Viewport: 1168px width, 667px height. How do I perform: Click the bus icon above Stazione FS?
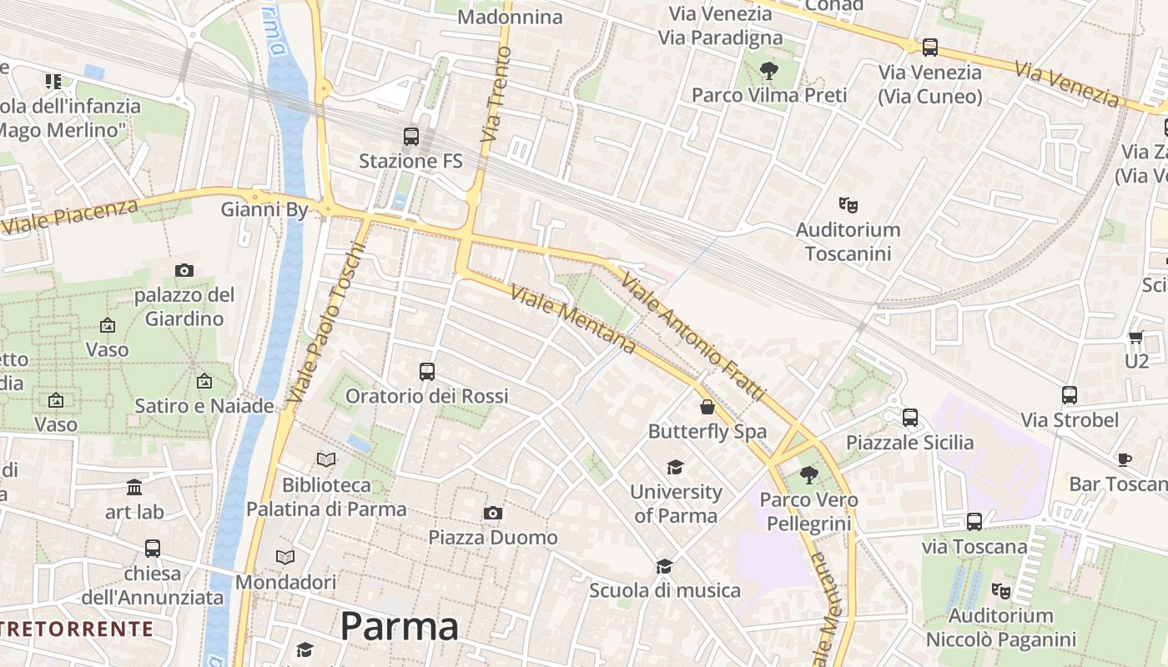(410, 136)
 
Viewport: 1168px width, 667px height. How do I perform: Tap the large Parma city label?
(399, 627)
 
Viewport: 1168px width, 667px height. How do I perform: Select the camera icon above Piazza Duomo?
(493, 513)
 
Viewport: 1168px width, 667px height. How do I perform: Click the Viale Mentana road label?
(573, 318)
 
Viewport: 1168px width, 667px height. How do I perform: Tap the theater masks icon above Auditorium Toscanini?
(848, 204)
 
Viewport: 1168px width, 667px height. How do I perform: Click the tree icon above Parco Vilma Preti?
(768, 71)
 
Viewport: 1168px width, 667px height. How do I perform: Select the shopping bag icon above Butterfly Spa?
(707, 407)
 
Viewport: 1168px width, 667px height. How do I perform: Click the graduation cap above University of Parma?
(675, 467)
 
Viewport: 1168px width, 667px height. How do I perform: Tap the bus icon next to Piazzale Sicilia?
(910, 417)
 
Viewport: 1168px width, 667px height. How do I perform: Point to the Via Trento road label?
(496, 93)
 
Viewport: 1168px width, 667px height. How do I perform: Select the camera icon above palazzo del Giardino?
(184, 270)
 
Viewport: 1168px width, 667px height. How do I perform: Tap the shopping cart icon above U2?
(1135, 338)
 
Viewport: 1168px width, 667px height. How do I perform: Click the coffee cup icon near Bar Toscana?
(1125, 459)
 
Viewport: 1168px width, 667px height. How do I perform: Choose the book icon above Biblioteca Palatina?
(326, 459)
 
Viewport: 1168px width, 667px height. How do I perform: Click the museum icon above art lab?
(134, 487)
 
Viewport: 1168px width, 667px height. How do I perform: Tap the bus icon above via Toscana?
(974, 522)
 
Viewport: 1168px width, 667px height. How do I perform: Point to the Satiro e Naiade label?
(204, 406)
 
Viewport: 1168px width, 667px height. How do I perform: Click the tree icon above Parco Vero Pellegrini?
(808, 475)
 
